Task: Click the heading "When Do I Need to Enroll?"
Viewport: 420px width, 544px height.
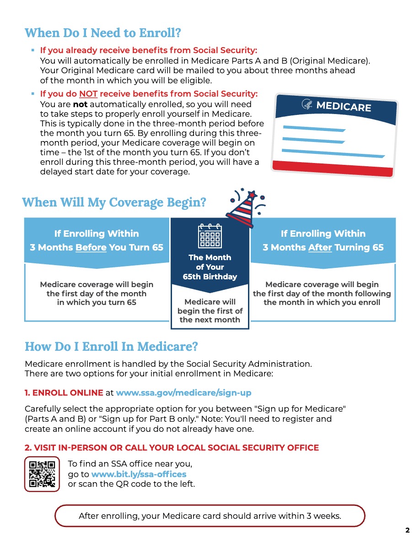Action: pos(103,33)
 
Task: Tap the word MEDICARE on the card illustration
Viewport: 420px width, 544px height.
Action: pos(344,106)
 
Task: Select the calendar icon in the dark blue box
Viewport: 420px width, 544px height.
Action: pos(210,236)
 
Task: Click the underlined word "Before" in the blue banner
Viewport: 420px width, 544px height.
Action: pos(91,247)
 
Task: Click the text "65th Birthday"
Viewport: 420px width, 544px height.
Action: pos(210,276)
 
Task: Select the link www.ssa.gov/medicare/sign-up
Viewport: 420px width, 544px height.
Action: pos(183,392)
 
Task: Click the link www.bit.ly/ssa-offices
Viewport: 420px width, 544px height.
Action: pos(139,474)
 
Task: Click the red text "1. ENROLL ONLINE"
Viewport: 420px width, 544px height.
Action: pos(64,392)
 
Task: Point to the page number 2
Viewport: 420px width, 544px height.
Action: pos(407,531)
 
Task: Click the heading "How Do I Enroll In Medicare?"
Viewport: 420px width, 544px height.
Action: pos(111,346)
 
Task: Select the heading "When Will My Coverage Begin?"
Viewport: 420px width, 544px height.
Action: pos(114,202)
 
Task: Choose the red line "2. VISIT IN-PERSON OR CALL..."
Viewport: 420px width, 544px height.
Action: pos(172,447)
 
